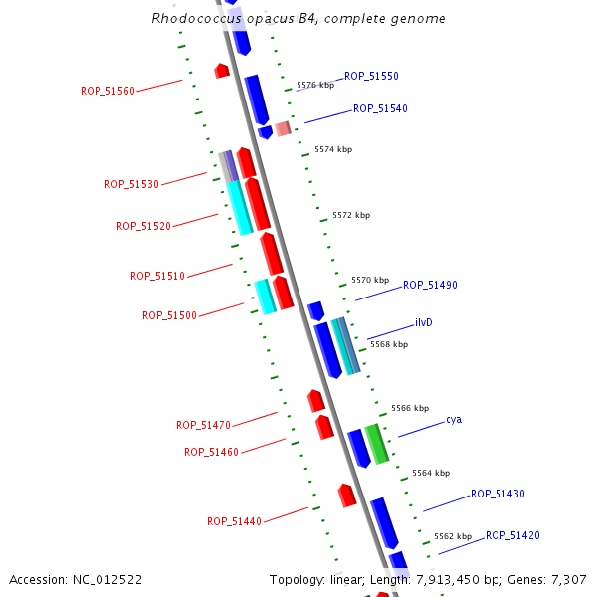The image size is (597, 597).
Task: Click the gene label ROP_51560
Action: coord(107,91)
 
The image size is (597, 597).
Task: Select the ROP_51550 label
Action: coord(371,76)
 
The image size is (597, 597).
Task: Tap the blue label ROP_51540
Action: coord(380,108)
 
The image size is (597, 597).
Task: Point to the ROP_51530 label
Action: coord(131,184)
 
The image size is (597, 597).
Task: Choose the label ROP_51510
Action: coord(157,276)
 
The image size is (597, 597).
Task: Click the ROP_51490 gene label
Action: coord(430,285)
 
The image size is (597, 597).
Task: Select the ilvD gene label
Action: coord(424,323)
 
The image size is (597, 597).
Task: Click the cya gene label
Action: coord(454,419)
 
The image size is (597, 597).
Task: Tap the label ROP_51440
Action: coord(234,521)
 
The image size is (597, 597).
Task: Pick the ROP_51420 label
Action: coord(512,535)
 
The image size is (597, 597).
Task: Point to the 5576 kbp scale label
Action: coord(315,86)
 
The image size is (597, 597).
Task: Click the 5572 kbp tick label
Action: coord(351,215)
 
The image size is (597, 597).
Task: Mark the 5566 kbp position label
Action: coord(410,408)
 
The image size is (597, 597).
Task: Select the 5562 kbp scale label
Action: coord(453,536)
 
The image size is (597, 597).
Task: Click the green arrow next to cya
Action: coord(376,444)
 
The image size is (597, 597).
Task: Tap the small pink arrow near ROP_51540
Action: coord(284,128)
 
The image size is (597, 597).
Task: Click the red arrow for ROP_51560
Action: coord(222,71)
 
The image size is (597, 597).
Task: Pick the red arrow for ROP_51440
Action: coord(347,495)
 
